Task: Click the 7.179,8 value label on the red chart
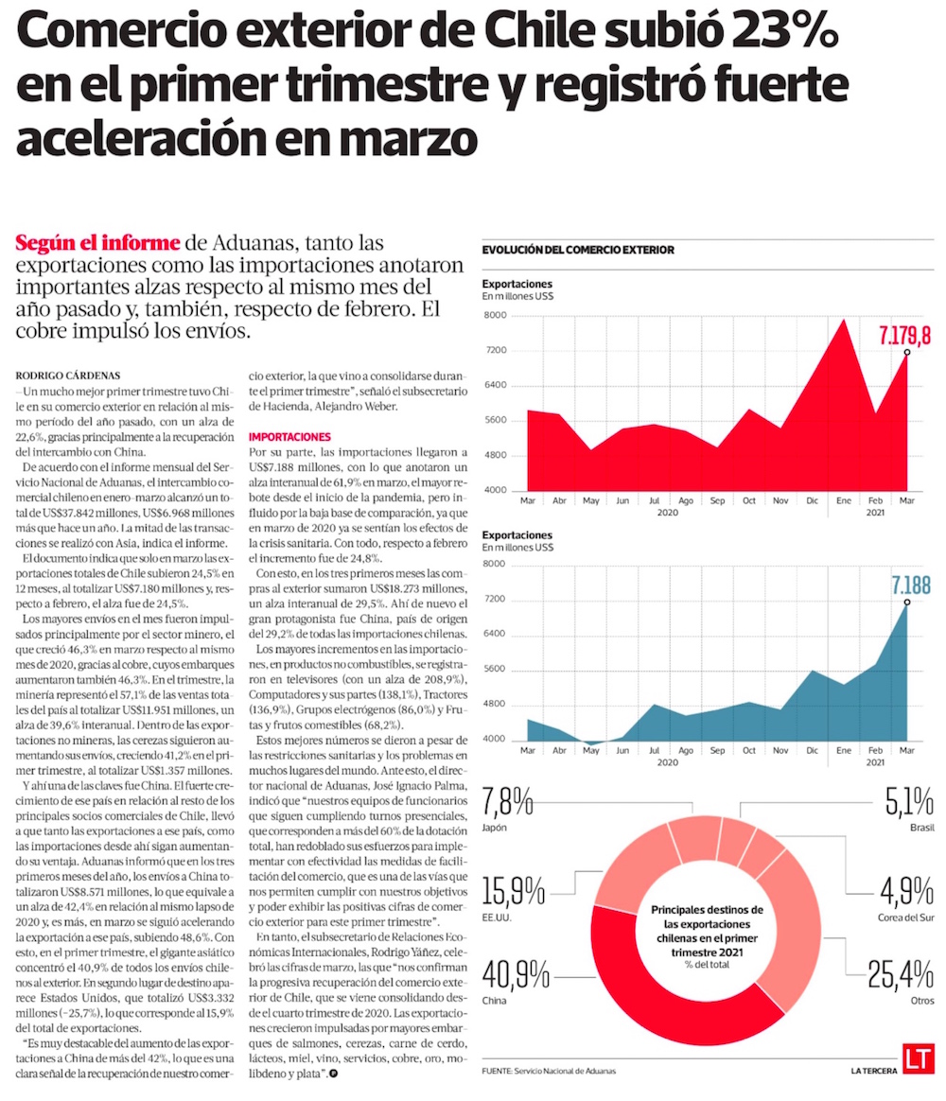(x=904, y=335)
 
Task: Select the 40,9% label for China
(x=516, y=974)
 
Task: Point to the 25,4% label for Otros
(x=901, y=974)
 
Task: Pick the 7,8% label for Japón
(x=508, y=805)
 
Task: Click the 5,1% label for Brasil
(x=909, y=805)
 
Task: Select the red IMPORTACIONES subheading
(x=289, y=437)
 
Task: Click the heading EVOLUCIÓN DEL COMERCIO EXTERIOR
(x=578, y=250)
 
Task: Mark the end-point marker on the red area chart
(x=906, y=352)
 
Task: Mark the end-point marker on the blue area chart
(x=906, y=602)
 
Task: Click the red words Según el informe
(x=97, y=242)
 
